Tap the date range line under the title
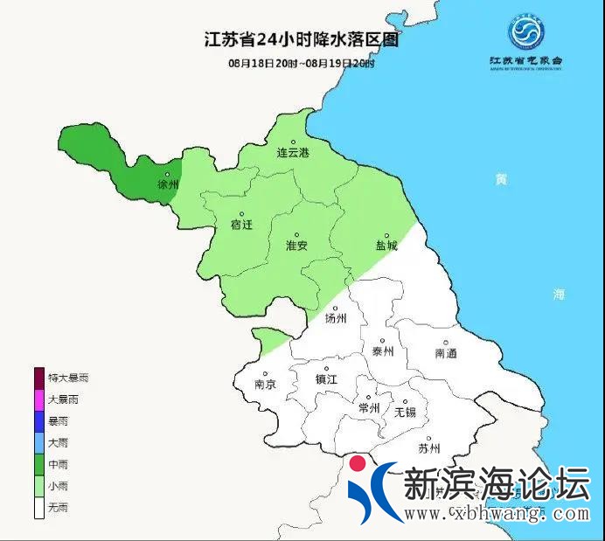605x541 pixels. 301,64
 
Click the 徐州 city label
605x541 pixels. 167,185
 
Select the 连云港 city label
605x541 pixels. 293,152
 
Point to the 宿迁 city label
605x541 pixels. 241,225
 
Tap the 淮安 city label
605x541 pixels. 297,246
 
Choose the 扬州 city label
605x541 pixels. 336,318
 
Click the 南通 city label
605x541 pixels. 445,353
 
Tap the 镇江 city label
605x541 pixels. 326,380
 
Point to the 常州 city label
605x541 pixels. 368,408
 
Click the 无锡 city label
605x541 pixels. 405,411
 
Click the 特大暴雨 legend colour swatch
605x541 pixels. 39,378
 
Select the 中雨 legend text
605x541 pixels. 58,464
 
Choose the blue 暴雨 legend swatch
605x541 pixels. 39,421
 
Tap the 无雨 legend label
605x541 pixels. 58,508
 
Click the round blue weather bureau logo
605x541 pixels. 525,34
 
